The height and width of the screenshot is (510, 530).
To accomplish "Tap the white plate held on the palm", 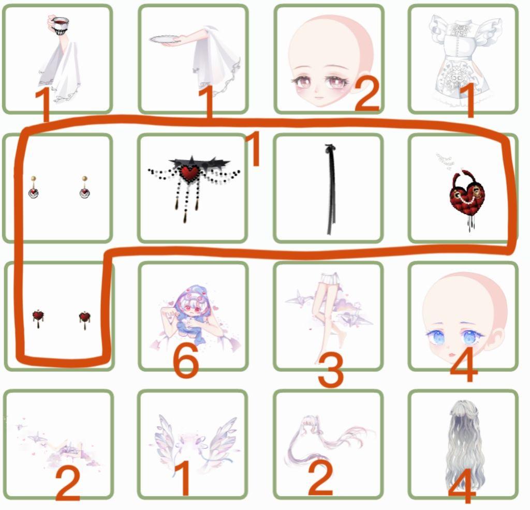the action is [165, 39].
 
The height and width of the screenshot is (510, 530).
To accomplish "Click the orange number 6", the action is [186, 360].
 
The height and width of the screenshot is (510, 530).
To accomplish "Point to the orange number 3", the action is [331, 370].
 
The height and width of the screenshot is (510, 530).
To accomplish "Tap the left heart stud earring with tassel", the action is [38, 319].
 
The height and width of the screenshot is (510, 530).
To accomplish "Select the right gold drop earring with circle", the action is [85, 187].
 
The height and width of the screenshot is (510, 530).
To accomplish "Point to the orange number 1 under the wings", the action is [183, 478].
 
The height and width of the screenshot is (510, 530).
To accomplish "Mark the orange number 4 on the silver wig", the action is [462, 486].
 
